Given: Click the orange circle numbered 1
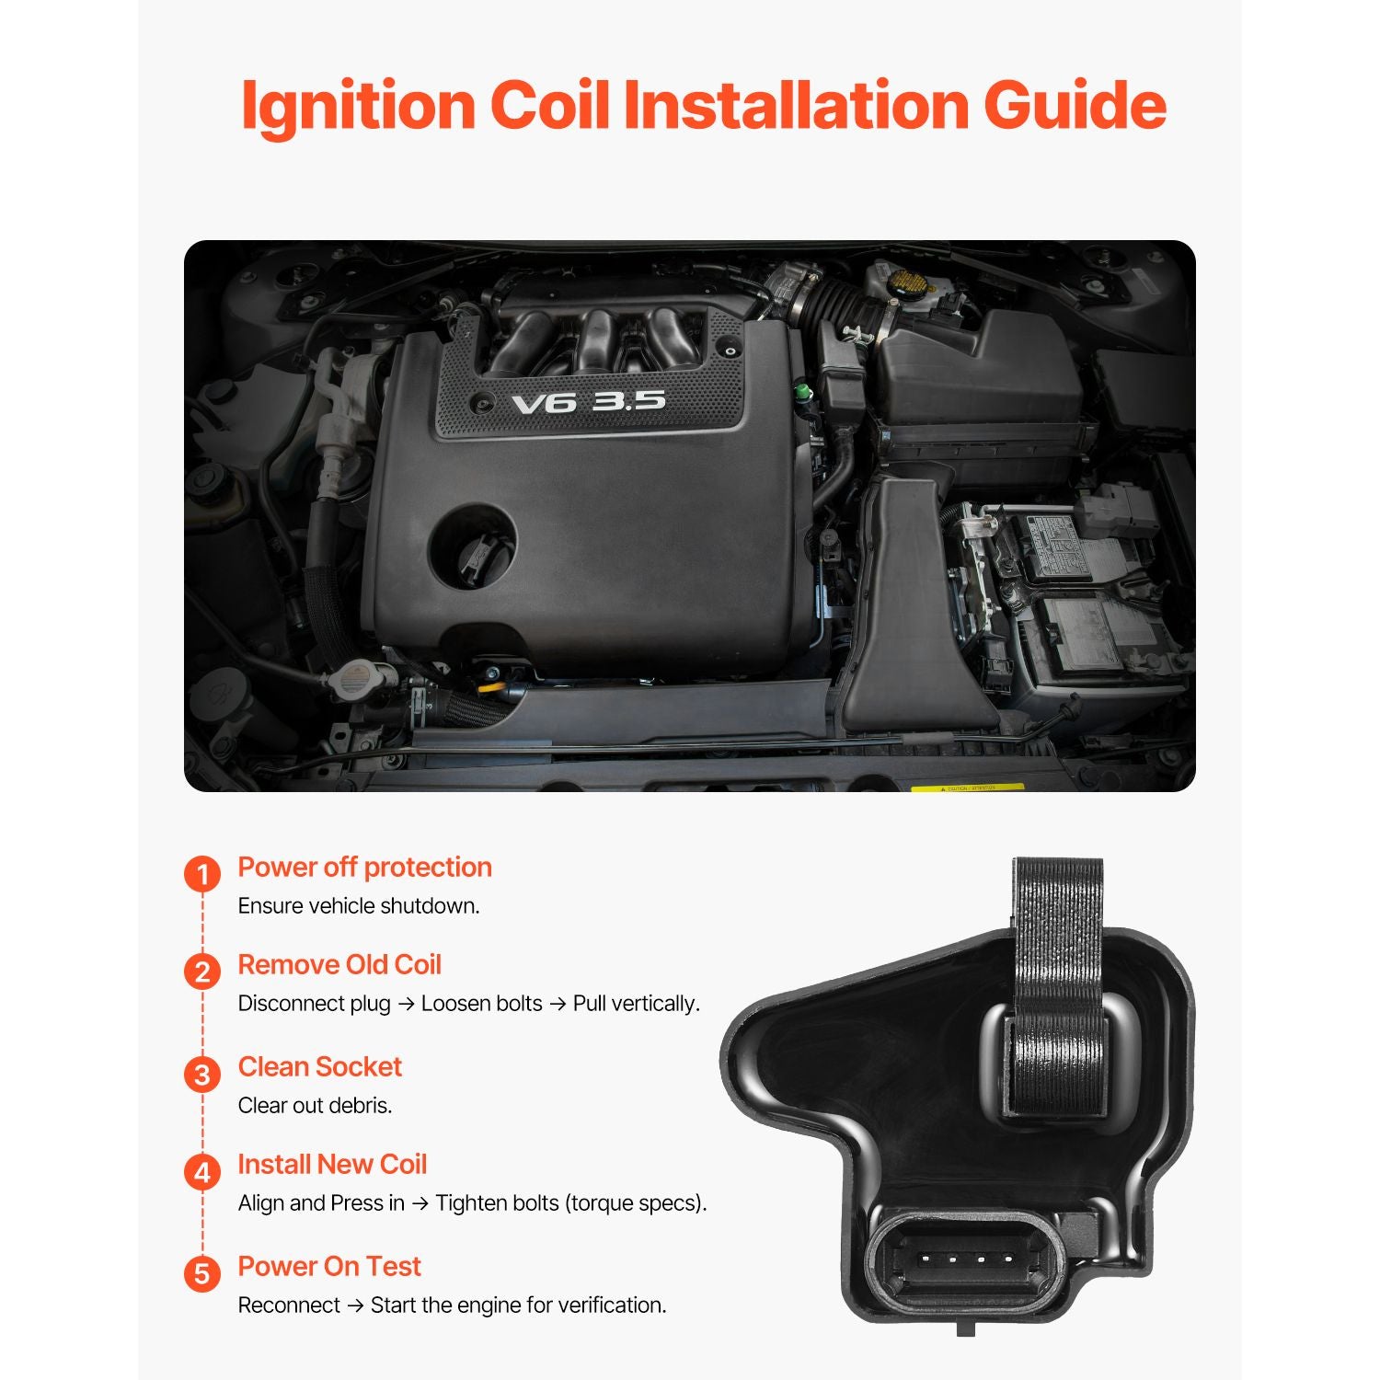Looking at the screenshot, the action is [202, 874].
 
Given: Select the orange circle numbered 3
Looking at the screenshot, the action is [202, 1074].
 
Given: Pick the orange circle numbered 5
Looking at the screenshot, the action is [202, 1273].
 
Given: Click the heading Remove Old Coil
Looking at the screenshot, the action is [339, 964].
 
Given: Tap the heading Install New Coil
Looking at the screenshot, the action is [332, 1164].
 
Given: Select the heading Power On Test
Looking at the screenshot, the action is [329, 1266].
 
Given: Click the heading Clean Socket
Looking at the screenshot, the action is [320, 1066].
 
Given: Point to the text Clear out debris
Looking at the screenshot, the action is [316, 1105].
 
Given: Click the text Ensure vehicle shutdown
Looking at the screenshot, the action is [359, 905].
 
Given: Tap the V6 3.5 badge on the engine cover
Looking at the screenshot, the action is [588, 402].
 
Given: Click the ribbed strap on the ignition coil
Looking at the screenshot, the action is [1058, 984].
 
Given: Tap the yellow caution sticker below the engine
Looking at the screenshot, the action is [967, 788].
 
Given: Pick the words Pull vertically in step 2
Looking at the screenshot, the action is [636, 1003].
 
